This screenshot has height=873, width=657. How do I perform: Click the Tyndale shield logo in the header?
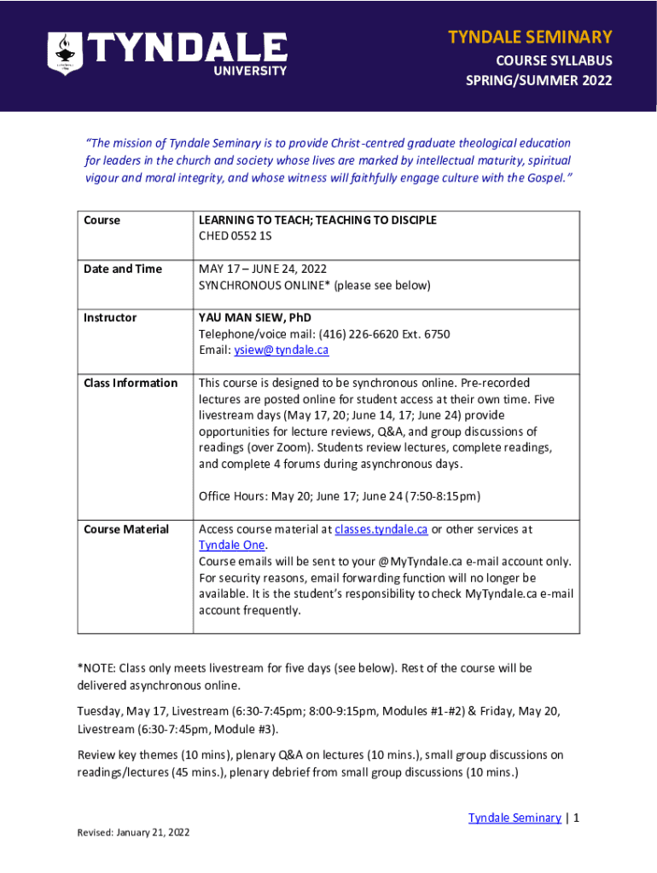[x=64, y=54]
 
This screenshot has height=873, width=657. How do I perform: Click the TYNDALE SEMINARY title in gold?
[x=530, y=37]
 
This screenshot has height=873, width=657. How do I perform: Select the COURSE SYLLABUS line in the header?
[x=554, y=61]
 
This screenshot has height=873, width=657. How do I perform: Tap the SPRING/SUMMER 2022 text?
[x=538, y=82]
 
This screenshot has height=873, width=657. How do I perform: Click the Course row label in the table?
[x=102, y=220]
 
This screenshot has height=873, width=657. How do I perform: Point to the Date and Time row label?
[x=123, y=269]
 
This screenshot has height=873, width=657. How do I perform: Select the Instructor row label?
[x=110, y=317]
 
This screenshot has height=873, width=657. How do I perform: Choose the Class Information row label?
[x=131, y=383]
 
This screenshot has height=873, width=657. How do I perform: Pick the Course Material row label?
[x=126, y=529]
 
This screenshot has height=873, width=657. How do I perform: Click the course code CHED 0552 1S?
[x=243, y=236]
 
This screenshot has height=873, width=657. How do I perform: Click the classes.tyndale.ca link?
[x=381, y=529]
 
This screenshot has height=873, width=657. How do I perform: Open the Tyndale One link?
[x=232, y=546]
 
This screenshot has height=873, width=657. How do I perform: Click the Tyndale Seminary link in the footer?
[x=515, y=818]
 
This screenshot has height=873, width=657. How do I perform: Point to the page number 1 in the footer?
[x=577, y=818]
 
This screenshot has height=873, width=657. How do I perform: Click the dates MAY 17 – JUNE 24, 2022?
[x=263, y=269]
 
